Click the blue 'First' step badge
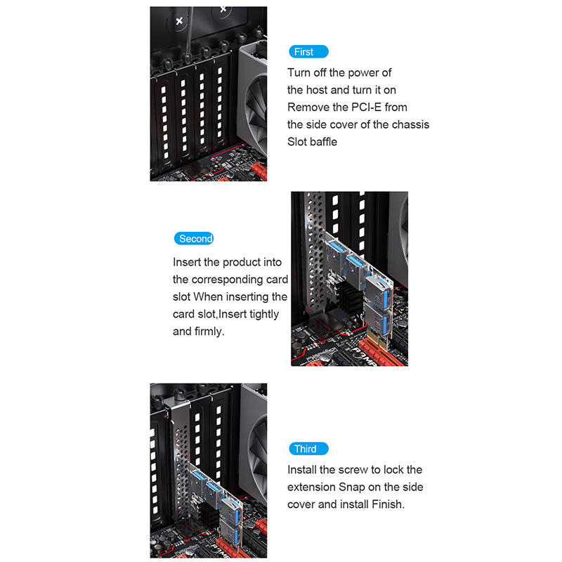308,51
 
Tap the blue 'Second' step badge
194,238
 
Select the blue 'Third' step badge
308,449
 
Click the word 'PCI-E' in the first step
366,107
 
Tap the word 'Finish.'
388,504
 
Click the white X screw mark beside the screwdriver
179,21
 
